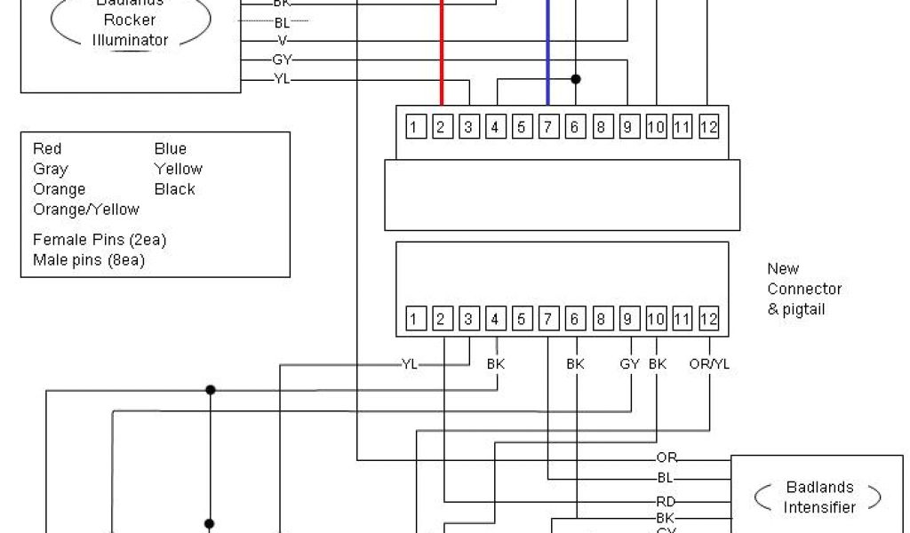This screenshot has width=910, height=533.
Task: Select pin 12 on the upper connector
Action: coord(708,127)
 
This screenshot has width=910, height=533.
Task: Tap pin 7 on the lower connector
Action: coord(548,319)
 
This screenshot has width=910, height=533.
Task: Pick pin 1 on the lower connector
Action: coord(414,319)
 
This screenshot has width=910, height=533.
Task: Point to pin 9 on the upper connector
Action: coord(629,127)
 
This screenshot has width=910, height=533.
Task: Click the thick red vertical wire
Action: coord(441,53)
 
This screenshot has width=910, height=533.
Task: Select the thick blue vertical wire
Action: coord(547,53)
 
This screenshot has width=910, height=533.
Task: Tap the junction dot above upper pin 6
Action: coord(576,79)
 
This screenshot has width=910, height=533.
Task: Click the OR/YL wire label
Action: coord(709,363)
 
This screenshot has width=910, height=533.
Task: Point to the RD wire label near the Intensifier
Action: coord(667,501)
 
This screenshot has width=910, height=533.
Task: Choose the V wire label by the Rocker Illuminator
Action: coord(283,40)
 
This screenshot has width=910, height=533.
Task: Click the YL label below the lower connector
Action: coord(410,363)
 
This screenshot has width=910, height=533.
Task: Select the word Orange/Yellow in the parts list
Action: coord(86,210)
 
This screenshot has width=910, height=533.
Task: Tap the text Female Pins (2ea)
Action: coord(100,240)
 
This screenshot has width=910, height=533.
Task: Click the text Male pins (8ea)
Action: coord(89,260)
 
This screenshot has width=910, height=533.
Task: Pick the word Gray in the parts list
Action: coord(51,169)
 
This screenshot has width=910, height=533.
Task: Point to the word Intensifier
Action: coord(819,507)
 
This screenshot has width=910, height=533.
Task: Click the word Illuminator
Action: coord(130,40)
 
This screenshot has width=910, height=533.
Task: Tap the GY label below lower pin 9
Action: coord(630,363)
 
